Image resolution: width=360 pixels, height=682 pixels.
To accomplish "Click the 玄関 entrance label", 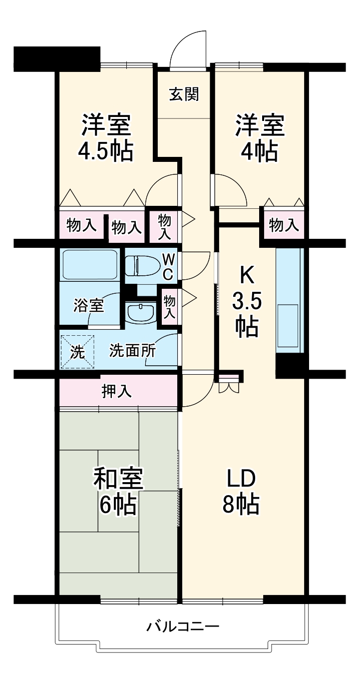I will pos(184,94).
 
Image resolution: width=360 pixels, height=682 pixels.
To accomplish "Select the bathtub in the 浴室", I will pos(90,265).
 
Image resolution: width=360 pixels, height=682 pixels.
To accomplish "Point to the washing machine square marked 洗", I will pos(77,352).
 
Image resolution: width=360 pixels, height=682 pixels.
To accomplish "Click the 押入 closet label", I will pos(117,392).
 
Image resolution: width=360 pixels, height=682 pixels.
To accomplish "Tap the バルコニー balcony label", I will pos(183,626).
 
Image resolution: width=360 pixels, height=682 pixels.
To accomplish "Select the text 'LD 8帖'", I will pos(241,492).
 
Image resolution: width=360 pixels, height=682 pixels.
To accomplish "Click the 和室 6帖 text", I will pos(119,492).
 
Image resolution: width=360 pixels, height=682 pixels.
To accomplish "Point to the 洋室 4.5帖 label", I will pos(106,138).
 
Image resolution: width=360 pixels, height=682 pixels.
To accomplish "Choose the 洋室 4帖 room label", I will pos(260,138).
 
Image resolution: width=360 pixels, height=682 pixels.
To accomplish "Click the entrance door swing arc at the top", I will pos(188,47).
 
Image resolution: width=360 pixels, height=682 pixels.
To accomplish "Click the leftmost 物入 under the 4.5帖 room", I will pos(81,226).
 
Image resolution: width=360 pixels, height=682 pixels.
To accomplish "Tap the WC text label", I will pos(168,266).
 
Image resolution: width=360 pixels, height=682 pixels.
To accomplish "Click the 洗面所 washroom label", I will pos(132,351).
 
